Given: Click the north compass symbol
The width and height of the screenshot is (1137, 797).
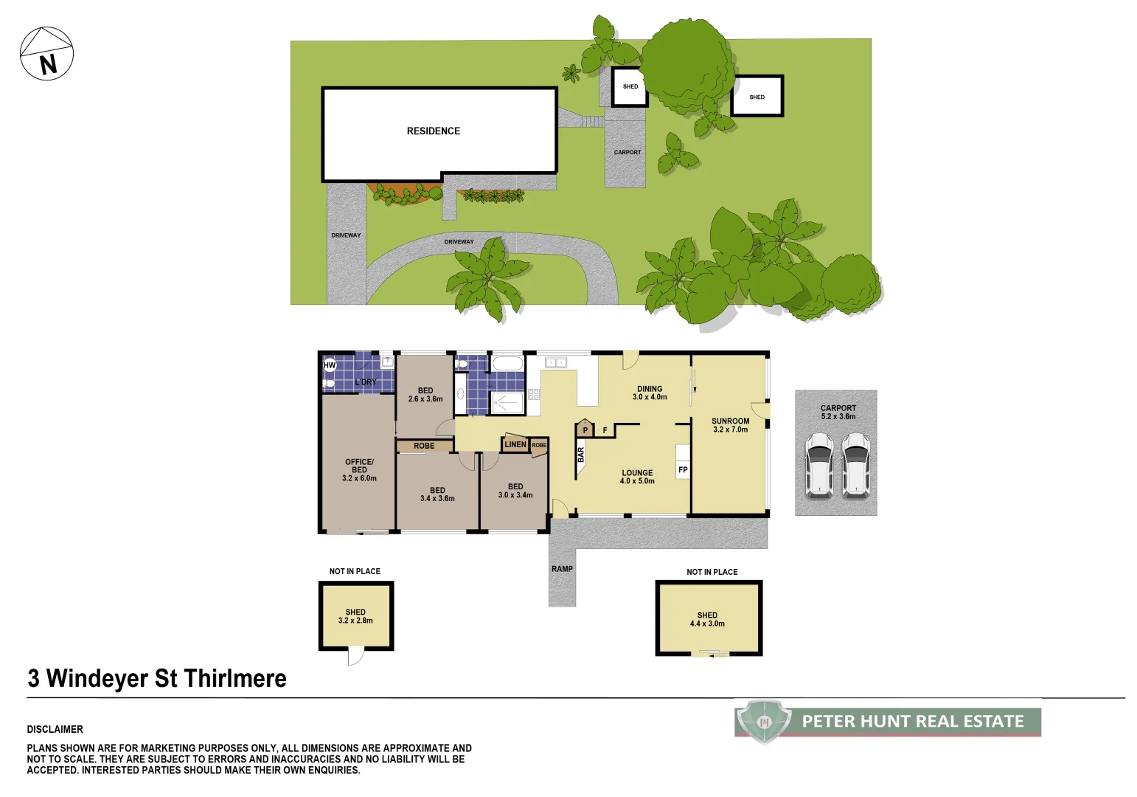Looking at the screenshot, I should [x=46, y=54].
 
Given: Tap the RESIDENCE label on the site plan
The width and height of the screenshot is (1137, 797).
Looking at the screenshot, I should [x=433, y=131].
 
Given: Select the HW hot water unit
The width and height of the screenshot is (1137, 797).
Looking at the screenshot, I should [x=330, y=365].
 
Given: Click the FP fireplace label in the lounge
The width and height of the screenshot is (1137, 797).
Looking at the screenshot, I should [x=683, y=470].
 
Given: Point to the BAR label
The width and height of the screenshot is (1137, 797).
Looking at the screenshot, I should [x=581, y=455].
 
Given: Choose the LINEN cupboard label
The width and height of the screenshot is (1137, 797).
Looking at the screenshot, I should [x=515, y=444].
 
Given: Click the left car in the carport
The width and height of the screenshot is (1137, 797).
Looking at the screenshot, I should [x=819, y=466].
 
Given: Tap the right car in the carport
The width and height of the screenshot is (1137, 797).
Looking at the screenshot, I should [x=855, y=466].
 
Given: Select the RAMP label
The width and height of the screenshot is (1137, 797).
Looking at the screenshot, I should [x=562, y=569].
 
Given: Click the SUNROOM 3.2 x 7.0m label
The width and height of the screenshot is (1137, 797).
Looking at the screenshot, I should [x=730, y=425].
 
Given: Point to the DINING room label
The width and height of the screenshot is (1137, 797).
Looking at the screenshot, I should [x=650, y=393].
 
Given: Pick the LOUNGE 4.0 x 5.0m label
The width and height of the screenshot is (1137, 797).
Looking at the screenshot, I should [x=637, y=477].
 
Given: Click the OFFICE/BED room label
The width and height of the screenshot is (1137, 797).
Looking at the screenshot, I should [x=359, y=470].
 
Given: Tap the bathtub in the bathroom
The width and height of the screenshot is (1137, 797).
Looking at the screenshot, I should [x=507, y=364].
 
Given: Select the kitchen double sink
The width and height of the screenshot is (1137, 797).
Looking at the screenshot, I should [x=555, y=362].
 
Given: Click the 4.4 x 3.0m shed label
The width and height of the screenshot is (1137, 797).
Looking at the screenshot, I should [x=707, y=619].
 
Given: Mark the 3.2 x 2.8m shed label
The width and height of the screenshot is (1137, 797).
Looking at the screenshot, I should [x=355, y=616].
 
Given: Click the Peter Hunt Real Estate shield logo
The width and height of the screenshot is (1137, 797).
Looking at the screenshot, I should [x=764, y=722].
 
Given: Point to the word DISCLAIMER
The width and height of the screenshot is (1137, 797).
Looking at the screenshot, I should [x=55, y=729].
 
